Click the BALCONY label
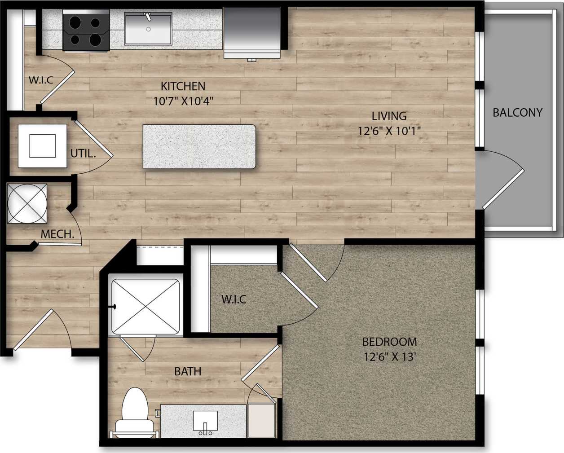[517, 112]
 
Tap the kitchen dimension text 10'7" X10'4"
[183, 101]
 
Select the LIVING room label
[389, 116]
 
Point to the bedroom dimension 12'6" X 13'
[389, 357]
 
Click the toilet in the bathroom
[135, 413]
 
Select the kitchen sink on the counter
[148, 29]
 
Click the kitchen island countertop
[199, 147]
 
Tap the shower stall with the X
[145, 307]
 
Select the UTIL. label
[83, 154]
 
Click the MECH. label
[57, 234]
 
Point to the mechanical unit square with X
[27, 203]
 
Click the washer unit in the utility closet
[42, 145]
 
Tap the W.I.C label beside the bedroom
[234, 299]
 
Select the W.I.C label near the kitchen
[41, 80]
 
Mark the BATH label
[188, 371]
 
